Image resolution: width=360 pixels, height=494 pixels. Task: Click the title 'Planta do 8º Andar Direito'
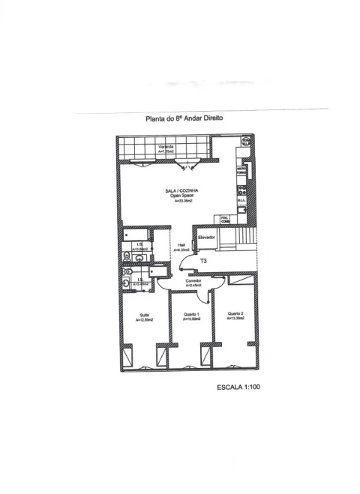point(184,118)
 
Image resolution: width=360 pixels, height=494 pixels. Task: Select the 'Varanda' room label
point(166,146)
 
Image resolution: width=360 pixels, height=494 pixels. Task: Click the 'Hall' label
point(181,244)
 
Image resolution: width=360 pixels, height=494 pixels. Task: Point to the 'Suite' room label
point(144,315)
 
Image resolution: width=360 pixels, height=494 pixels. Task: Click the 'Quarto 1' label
point(191,314)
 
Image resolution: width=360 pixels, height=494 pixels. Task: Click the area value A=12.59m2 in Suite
point(144,320)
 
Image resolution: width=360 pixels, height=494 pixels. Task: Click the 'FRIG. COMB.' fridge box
point(224,219)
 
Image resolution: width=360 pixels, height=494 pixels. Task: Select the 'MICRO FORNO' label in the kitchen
point(241,172)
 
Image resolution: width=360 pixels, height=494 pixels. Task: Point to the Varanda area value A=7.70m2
point(166,151)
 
